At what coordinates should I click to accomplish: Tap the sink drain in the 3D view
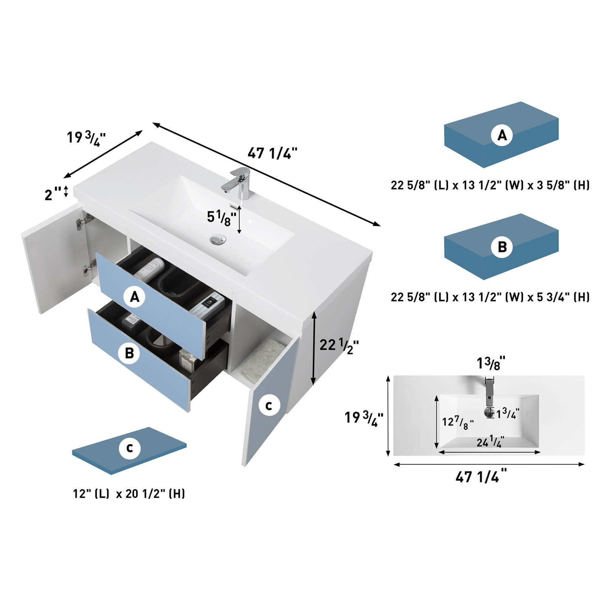218,240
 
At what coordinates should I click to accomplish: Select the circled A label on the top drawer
135,297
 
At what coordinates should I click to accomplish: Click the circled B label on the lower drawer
129,353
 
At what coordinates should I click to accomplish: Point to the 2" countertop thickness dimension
53,194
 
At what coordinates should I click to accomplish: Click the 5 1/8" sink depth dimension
222,218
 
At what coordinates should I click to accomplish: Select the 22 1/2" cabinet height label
339,345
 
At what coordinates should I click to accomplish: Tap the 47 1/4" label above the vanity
272,153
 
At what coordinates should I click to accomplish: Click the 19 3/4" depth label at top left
86,138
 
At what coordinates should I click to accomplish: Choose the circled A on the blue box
502,135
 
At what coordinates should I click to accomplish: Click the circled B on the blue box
502,247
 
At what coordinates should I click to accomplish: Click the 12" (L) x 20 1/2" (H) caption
129,493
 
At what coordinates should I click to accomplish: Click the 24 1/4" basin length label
490,442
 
